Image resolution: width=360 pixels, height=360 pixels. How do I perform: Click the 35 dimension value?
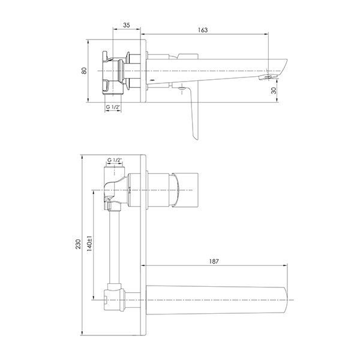point(127,25)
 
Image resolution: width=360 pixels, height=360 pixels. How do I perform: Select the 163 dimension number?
point(203,30)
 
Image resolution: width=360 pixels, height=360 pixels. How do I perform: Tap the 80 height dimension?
point(84,70)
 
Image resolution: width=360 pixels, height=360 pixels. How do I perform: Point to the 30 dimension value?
point(274,91)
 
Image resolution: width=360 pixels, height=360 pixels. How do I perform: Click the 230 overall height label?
point(78,244)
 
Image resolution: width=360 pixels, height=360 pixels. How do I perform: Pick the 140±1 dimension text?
point(89,244)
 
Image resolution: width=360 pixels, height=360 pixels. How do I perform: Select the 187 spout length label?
point(214,262)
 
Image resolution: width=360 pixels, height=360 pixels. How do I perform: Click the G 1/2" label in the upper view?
point(113,107)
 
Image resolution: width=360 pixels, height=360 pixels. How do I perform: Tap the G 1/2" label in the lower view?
point(115,160)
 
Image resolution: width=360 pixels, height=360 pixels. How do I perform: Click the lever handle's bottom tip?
point(197,139)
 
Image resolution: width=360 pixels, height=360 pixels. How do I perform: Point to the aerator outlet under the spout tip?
point(268,77)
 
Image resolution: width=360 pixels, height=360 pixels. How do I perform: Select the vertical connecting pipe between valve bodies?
point(115,247)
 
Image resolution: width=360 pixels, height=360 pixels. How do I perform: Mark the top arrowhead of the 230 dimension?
point(82,157)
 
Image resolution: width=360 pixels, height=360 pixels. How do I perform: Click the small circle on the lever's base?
point(182,88)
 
